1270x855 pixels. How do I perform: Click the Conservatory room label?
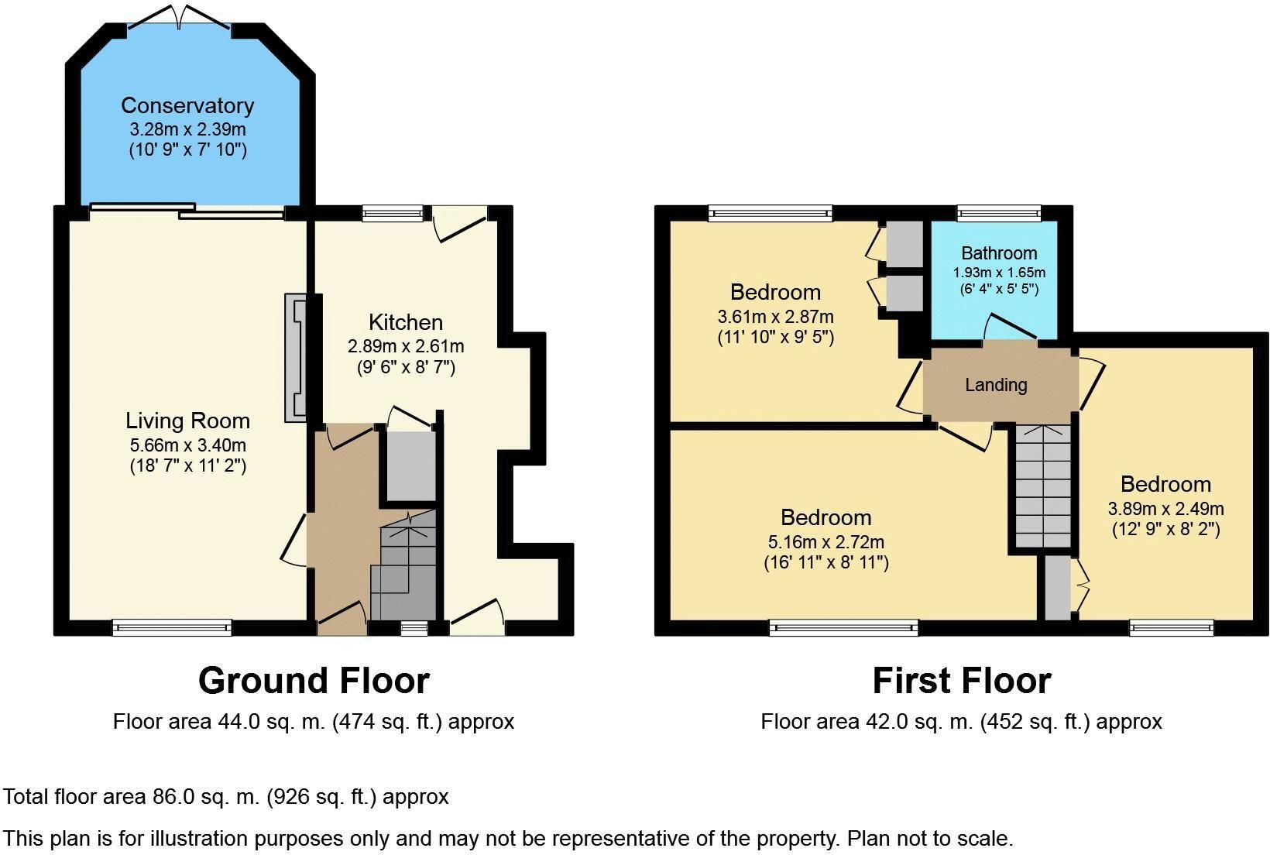pyautogui.click(x=187, y=105)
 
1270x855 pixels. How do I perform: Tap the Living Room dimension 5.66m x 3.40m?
pyautogui.click(x=187, y=445)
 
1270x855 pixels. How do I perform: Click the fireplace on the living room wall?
pyautogui.click(x=296, y=357)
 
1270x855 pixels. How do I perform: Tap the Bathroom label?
pyautogui.click(x=999, y=253)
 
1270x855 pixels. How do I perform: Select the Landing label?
pyautogui.click(x=996, y=385)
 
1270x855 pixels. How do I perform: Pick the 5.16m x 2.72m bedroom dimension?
pyautogui.click(x=825, y=541)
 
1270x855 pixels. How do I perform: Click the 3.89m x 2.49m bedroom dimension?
pyautogui.click(x=1165, y=509)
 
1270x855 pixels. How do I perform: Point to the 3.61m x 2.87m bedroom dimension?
pyautogui.click(x=775, y=317)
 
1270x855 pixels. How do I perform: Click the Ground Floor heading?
pyautogui.click(x=314, y=681)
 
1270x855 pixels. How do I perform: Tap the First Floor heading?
pyautogui.click(x=961, y=681)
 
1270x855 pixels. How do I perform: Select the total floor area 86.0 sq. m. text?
pyautogui.click(x=226, y=797)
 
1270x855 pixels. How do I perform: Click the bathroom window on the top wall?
pyautogui.click(x=999, y=213)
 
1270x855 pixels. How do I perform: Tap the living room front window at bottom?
pyautogui.click(x=172, y=627)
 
